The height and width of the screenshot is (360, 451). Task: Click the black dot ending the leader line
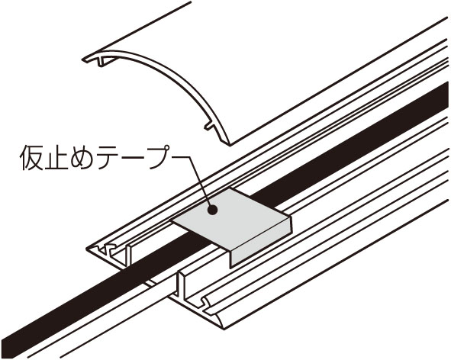212,210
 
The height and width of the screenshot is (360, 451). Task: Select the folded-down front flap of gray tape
260,242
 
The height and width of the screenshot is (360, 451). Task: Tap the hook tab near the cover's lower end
209,126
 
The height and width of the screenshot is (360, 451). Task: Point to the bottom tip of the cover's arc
230,144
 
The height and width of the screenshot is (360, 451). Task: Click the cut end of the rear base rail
109,252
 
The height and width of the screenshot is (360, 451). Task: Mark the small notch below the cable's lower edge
150,284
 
